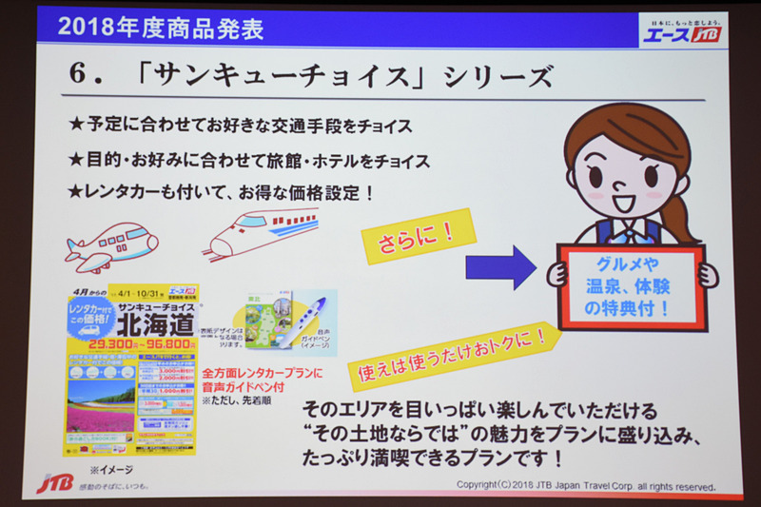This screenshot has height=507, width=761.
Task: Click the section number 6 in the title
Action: point(80,75)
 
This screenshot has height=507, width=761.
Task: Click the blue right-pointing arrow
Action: point(500,266)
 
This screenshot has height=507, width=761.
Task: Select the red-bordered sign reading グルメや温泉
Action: point(631,284)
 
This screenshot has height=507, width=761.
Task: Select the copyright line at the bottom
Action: point(585,485)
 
